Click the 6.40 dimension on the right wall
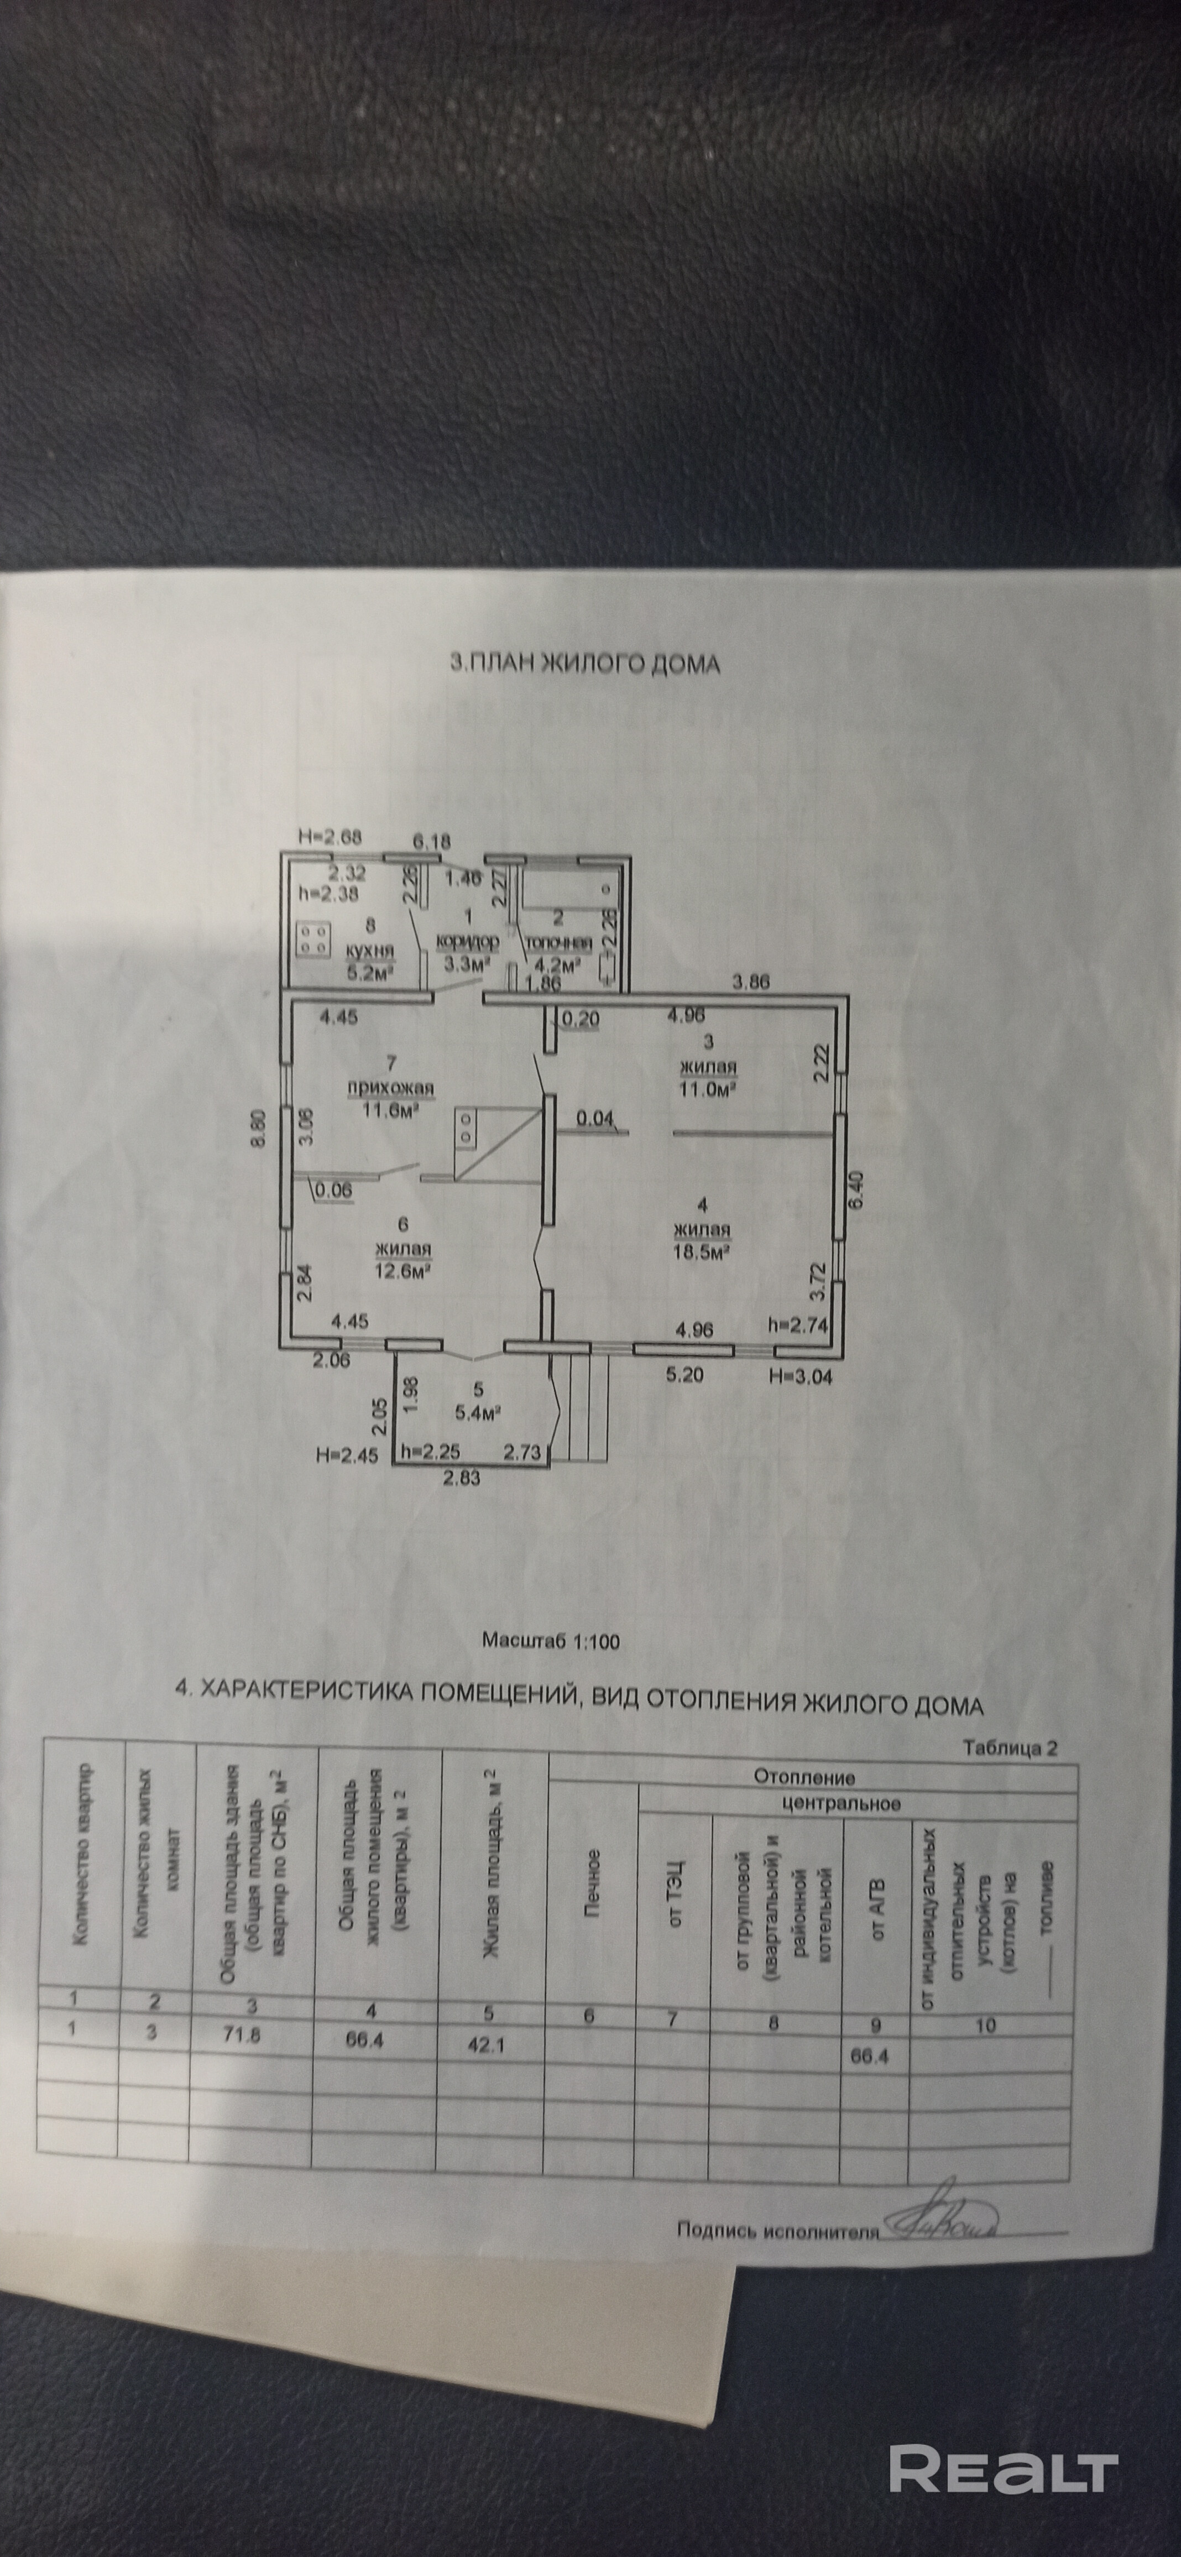pyautogui.click(x=859, y=1183)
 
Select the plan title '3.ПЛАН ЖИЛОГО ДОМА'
pyautogui.click(x=586, y=664)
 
